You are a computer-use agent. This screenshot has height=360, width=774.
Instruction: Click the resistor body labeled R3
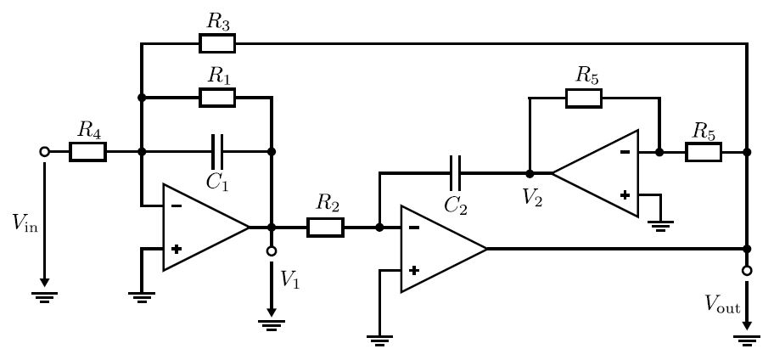(x=217, y=43)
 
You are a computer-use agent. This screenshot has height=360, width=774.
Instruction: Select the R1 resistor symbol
(x=217, y=98)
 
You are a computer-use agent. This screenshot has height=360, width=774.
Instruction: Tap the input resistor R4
(x=88, y=152)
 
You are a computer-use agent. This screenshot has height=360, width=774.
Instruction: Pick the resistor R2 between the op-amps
(x=325, y=228)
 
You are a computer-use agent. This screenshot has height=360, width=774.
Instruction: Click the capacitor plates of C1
(x=217, y=152)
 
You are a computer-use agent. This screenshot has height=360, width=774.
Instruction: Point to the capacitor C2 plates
(x=455, y=173)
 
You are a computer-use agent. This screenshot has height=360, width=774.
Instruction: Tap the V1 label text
(x=289, y=279)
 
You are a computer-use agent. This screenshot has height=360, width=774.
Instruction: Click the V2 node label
(x=532, y=198)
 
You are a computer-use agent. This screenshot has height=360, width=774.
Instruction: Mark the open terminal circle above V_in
(x=44, y=152)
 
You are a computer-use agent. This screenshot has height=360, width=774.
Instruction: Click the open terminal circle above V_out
(x=748, y=271)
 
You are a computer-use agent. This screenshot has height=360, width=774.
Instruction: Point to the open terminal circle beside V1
(x=271, y=251)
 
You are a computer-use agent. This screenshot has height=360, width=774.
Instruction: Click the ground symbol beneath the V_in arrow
(x=44, y=297)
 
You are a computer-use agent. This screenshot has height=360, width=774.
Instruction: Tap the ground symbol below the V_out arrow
(x=747, y=340)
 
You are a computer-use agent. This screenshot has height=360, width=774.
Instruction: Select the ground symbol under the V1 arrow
(x=271, y=325)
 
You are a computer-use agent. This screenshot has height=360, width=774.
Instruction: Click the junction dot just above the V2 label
(x=530, y=174)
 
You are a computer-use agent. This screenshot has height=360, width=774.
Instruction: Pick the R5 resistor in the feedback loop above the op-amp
(x=584, y=98)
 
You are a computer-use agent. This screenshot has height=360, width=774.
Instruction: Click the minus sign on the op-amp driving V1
(x=177, y=206)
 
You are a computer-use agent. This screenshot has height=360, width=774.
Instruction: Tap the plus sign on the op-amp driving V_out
(x=414, y=270)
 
